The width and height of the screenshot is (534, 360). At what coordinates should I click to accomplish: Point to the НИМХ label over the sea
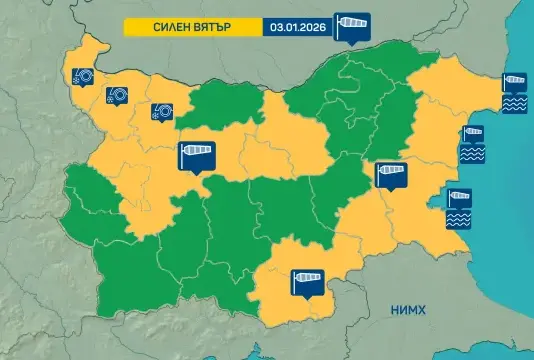[411, 311]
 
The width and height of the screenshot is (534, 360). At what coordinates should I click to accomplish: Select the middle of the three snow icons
[116, 95]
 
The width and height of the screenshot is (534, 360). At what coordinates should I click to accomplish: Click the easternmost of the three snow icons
[161, 112]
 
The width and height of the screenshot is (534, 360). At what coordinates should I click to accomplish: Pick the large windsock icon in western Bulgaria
[196, 155]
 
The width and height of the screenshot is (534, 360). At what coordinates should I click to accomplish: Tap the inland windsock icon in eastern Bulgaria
[391, 175]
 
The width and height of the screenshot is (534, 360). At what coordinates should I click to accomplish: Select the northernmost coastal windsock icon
[515, 83]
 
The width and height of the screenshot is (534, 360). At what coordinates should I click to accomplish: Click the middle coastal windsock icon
[471, 135]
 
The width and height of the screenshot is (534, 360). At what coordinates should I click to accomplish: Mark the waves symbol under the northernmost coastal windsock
[515, 103]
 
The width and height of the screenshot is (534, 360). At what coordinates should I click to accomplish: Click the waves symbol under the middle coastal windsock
[471, 155]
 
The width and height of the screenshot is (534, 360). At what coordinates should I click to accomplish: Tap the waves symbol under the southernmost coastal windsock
[459, 217]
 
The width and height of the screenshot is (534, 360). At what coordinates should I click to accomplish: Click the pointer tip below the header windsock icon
[352, 43]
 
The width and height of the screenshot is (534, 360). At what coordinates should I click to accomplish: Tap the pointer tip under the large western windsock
[196, 174]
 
